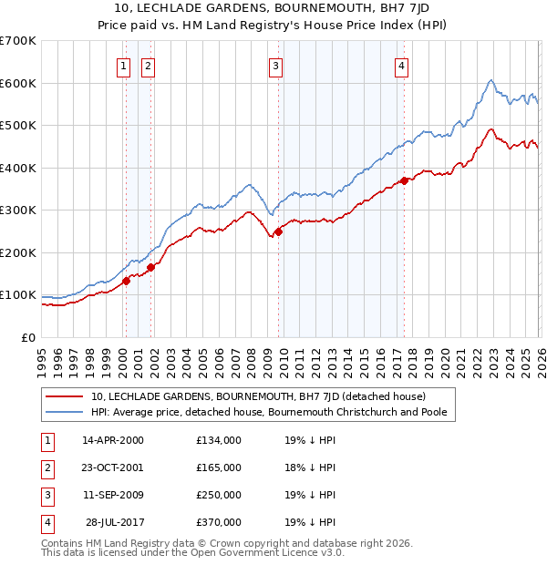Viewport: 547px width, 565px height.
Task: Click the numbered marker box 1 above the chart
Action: (x=123, y=65)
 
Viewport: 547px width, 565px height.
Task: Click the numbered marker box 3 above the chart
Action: (x=275, y=65)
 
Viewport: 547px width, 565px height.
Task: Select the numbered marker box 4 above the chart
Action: (x=401, y=65)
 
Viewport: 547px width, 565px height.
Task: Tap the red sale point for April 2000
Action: (x=127, y=281)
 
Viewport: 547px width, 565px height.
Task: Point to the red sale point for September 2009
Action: (x=279, y=231)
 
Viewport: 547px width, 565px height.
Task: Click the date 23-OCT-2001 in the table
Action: (x=113, y=467)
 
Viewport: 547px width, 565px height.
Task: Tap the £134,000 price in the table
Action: (x=219, y=440)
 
